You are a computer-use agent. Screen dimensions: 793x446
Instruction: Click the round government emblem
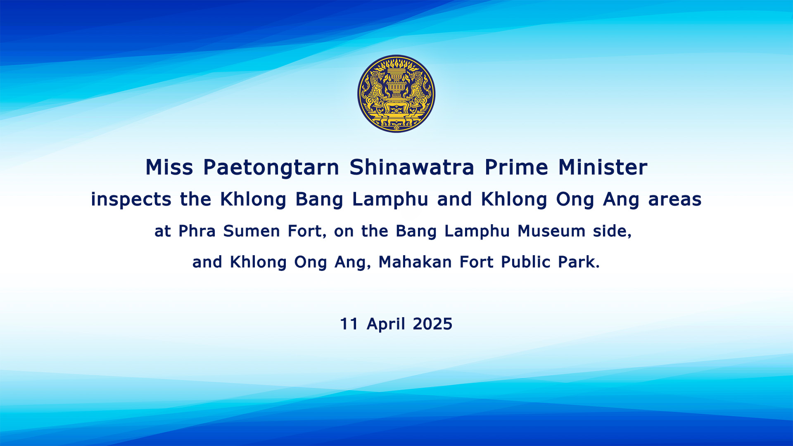pyautogui.click(x=396, y=94)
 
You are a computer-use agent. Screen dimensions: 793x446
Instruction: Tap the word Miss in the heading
pyautogui.click(x=169, y=167)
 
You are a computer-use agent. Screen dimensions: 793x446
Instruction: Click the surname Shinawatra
pyautogui.click(x=412, y=167)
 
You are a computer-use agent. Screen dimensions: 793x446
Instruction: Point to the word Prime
pyautogui.click(x=516, y=167)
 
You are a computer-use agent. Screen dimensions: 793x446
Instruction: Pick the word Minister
pyautogui.click(x=603, y=167)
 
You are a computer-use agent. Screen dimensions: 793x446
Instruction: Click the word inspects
pyautogui.click(x=131, y=199)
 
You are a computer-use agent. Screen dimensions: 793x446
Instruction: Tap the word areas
pyautogui.click(x=675, y=200)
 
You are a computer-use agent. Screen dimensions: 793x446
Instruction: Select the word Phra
pyautogui.click(x=197, y=231)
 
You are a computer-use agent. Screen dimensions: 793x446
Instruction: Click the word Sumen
pyautogui.click(x=252, y=231)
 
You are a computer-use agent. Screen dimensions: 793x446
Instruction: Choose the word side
pyautogui.click(x=612, y=231)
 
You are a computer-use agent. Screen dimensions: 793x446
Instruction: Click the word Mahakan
pyautogui.click(x=415, y=262)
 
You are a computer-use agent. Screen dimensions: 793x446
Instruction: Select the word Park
pyautogui.click(x=579, y=262)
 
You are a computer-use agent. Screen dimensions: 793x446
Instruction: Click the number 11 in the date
pyautogui.click(x=349, y=324)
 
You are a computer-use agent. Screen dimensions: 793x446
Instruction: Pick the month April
pyautogui.click(x=386, y=325)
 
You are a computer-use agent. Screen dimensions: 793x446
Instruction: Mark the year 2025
pyautogui.click(x=432, y=324)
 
